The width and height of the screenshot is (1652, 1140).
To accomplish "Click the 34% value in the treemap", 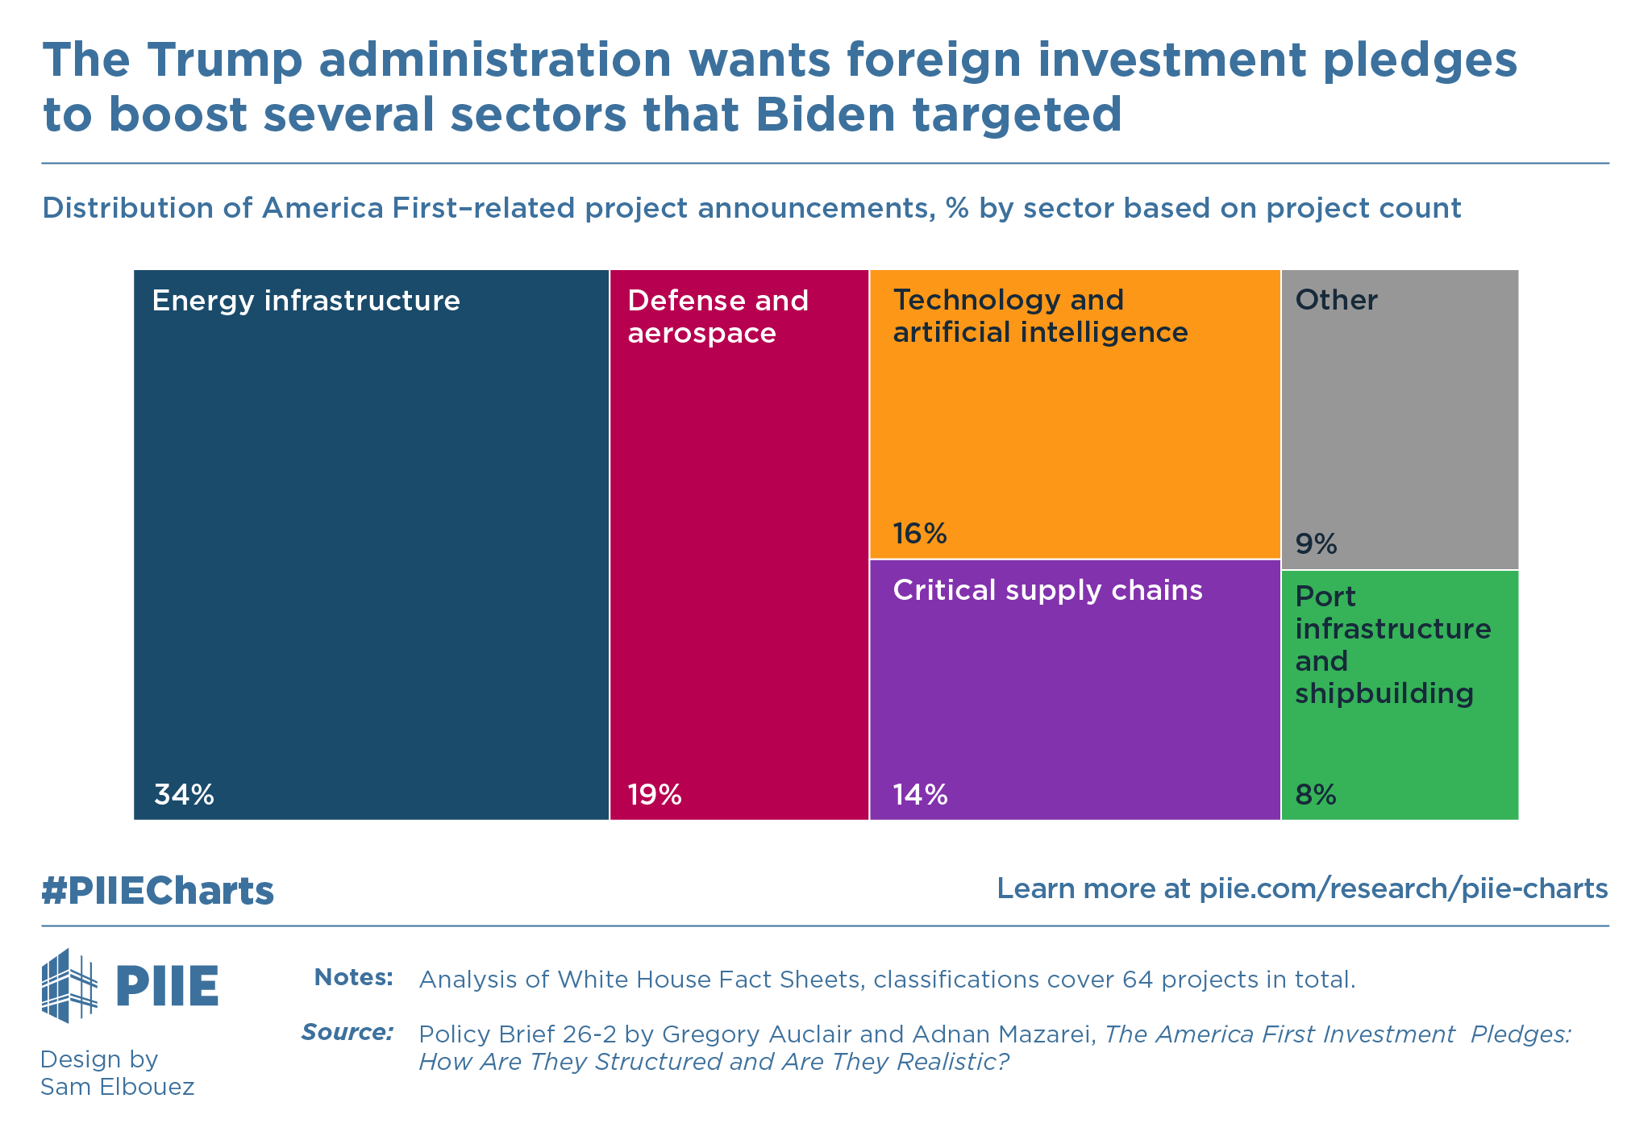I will tap(184, 796).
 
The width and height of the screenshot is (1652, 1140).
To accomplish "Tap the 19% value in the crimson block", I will tap(655, 796).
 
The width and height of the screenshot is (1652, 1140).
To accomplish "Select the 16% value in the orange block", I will tap(919, 534).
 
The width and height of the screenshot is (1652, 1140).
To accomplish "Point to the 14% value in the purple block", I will tap(919, 796).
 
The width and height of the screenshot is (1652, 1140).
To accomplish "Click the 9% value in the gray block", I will tap(1316, 545).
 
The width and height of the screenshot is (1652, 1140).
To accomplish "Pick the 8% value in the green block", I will tap(1316, 796).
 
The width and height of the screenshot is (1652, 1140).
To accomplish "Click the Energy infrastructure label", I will tap(306, 301).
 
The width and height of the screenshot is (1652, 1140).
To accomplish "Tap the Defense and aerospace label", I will tap(718, 316).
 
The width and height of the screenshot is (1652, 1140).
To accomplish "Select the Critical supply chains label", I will tap(1047, 590).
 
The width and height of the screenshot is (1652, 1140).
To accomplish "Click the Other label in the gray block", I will tap(1336, 300).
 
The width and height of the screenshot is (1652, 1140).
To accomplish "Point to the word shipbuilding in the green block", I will tap(1384, 693).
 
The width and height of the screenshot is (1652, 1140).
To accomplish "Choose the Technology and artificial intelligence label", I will tap(1040, 316).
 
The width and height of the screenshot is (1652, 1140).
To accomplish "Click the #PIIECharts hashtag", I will tap(158, 891).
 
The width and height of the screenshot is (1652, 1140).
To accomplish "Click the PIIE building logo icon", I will tap(69, 985).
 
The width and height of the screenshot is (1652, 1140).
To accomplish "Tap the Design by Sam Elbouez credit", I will tap(117, 1072).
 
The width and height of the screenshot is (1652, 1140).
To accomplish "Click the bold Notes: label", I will tap(353, 978).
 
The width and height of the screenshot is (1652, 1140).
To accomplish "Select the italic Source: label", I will tap(347, 1032).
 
